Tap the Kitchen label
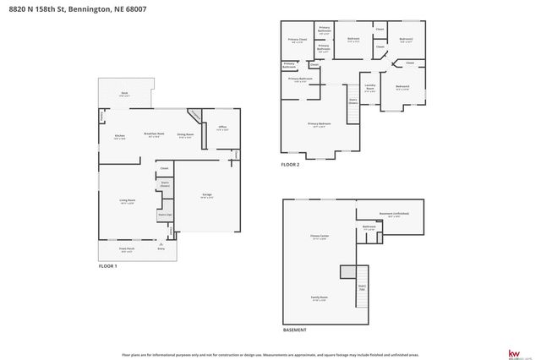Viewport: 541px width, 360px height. coord(120,135)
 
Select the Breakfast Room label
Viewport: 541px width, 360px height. coord(153,134)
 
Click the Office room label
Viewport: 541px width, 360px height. coord(222,128)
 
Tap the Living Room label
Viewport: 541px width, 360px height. coord(128,200)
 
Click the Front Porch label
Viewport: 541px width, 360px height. coord(127,249)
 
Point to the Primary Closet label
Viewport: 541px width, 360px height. coord(297,40)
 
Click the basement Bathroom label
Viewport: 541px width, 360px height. coord(369,226)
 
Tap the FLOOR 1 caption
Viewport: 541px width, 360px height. coord(107,266)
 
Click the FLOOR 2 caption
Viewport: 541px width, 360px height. coord(290,164)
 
